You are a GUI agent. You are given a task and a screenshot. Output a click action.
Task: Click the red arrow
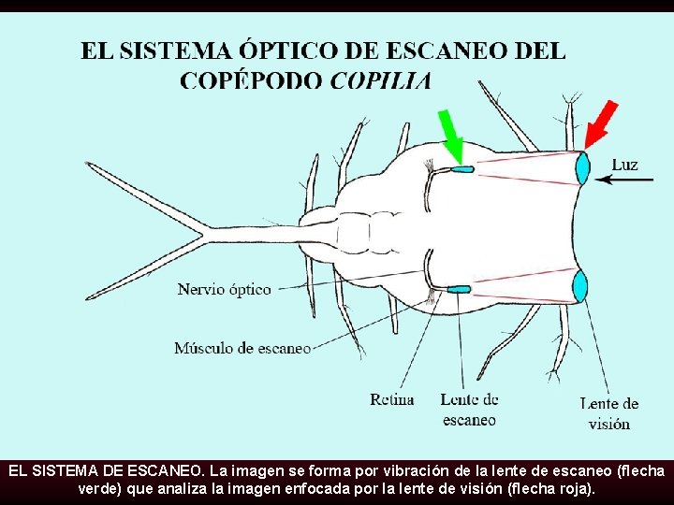(x=600, y=124)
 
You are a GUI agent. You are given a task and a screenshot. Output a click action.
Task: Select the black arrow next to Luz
(x=628, y=180)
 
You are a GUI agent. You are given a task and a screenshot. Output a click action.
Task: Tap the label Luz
(x=624, y=165)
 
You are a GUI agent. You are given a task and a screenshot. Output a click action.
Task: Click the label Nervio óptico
(x=225, y=289)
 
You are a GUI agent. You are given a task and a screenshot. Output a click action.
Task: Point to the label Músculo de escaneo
(x=242, y=348)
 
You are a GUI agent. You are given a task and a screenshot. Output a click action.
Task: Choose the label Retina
(x=391, y=400)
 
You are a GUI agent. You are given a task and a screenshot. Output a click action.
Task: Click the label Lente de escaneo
(x=469, y=410)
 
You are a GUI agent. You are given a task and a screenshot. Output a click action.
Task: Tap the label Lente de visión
(x=608, y=412)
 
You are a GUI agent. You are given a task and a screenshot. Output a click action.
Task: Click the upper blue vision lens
(x=582, y=168)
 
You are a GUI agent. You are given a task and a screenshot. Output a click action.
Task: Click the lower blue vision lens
(x=580, y=285)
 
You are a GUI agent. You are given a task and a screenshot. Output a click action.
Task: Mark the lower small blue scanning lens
(x=459, y=290)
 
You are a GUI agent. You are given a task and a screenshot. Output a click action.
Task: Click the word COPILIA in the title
(x=381, y=79)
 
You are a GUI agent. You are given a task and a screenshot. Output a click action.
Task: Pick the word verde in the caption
(x=100, y=488)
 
